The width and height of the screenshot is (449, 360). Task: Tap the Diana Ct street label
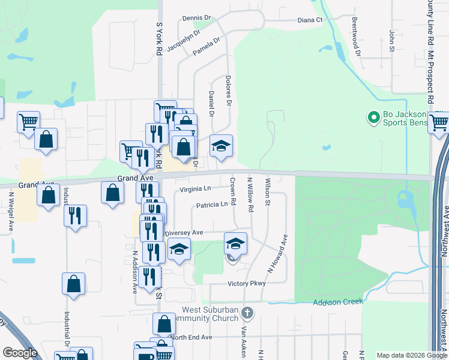pos(310,20)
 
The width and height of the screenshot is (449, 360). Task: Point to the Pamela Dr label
pos(206,47)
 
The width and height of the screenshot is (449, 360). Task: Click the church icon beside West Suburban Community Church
pos(248,313)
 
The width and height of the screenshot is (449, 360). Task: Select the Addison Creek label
pos(338,301)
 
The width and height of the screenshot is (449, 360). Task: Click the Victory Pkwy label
pos(246,283)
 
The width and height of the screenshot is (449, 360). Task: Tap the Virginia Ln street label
pos(196,189)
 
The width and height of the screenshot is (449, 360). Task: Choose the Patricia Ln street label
pos(212,205)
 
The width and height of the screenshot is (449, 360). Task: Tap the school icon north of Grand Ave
pos(221,146)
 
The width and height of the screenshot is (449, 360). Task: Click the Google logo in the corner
pos(20,353)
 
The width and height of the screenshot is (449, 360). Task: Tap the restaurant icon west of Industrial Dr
pos(74,215)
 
